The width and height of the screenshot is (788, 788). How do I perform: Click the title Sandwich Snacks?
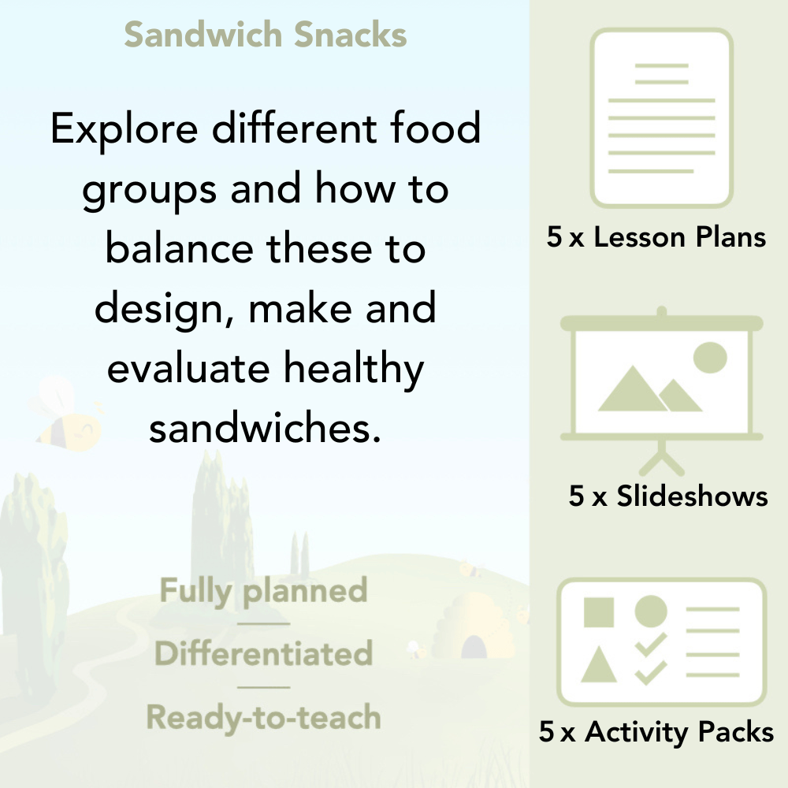pos(266,35)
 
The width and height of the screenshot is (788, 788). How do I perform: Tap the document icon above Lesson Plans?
pos(662,118)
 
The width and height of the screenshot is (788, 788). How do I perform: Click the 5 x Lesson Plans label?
pos(656,237)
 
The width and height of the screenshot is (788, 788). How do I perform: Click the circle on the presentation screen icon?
pos(709,357)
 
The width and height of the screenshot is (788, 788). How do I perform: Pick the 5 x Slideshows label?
pos(668,496)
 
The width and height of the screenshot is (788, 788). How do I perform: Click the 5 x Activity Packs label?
pos(656,732)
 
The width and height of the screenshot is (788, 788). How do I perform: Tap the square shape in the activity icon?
pos(599,611)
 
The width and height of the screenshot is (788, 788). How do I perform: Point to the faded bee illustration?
pos(67,414)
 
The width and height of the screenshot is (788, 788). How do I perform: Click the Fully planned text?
pos(263,591)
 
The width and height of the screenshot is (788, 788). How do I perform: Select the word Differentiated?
pos(263,654)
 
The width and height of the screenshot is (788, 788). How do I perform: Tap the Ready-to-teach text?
pos(263,717)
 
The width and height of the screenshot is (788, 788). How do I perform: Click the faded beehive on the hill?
pos(473,626)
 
